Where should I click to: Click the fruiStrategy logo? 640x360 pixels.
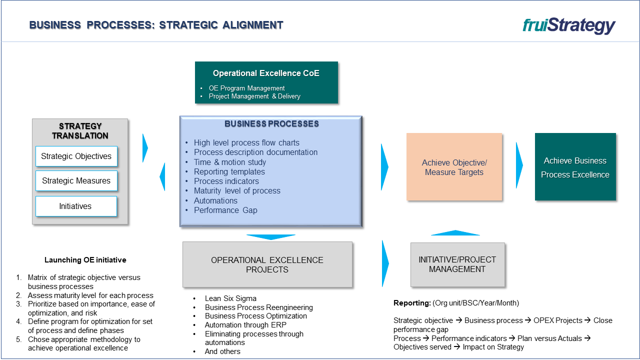click(569, 25)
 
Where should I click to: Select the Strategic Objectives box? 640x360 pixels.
click(76, 156)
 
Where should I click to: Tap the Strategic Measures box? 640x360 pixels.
click(76, 180)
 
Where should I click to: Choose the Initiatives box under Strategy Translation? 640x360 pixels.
click(76, 206)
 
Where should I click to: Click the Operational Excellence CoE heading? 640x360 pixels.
click(266, 73)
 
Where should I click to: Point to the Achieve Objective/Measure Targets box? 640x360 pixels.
click(454, 167)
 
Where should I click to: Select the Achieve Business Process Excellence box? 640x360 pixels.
click(575, 167)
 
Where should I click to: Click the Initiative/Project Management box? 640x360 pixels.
click(457, 264)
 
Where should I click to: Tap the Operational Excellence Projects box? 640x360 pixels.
click(267, 264)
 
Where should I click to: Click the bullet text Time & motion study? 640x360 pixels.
click(230, 162)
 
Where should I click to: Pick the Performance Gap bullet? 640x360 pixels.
click(225, 210)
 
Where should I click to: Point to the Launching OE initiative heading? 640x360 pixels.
click(85, 260)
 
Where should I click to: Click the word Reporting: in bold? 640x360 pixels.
click(412, 303)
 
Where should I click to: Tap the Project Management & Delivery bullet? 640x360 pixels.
click(254, 96)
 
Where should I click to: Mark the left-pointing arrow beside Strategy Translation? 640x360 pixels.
click(162, 176)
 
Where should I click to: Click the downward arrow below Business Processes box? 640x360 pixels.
click(270, 236)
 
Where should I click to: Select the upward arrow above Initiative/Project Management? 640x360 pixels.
click(455, 232)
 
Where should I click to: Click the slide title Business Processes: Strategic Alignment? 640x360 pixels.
click(156, 25)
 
